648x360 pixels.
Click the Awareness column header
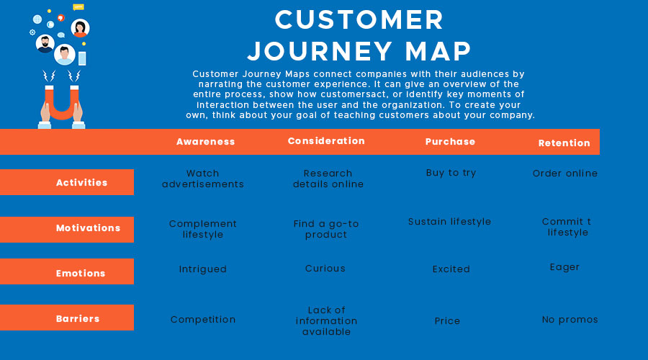(x=205, y=142)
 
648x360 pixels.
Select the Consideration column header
(x=326, y=141)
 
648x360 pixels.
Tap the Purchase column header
(x=450, y=142)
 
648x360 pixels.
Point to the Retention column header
(x=564, y=143)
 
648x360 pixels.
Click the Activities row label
(x=82, y=183)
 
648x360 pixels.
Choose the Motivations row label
(x=88, y=228)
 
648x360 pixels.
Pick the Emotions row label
(x=81, y=273)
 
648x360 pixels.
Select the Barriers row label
(x=78, y=319)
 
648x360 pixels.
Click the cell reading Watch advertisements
(x=203, y=179)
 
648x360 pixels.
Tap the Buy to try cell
(x=451, y=173)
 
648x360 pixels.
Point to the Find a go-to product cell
(x=326, y=229)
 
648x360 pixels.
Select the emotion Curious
(x=325, y=269)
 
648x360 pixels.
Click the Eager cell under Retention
(x=564, y=267)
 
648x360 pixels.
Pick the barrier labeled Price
(x=447, y=320)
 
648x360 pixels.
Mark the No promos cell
(x=570, y=320)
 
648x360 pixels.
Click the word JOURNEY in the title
(x=320, y=51)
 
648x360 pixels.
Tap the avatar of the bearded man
(x=45, y=43)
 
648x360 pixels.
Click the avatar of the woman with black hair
(x=80, y=28)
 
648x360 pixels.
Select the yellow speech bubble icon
(x=78, y=7)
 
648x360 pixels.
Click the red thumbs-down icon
(x=61, y=18)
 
